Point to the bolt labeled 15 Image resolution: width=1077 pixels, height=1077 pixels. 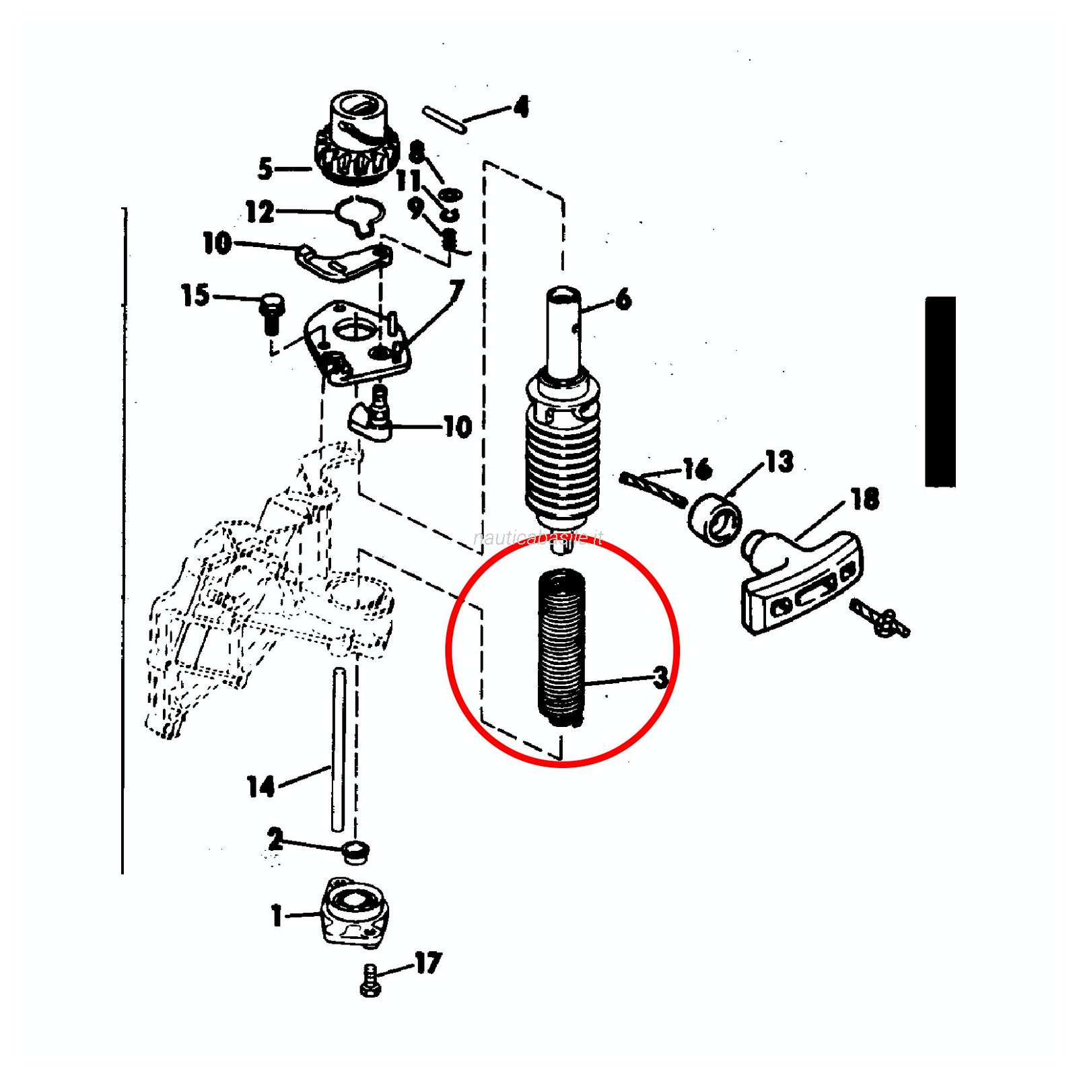click(x=272, y=313)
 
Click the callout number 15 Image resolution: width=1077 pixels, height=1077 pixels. click(x=195, y=295)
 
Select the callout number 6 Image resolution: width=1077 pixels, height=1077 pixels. click(x=623, y=299)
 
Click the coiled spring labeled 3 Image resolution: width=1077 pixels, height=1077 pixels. click(x=560, y=650)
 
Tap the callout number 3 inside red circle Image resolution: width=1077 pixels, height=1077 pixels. click(x=661, y=677)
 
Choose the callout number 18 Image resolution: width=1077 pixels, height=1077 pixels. click(x=865, y=499)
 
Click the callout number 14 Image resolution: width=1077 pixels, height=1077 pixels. click(x=261, y=786)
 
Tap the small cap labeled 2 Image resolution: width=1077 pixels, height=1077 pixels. click(x=355, y=852)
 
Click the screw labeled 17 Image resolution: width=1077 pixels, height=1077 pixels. click(x=371, y=980)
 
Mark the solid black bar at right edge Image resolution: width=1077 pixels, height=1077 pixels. click(x=940, y=391)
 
